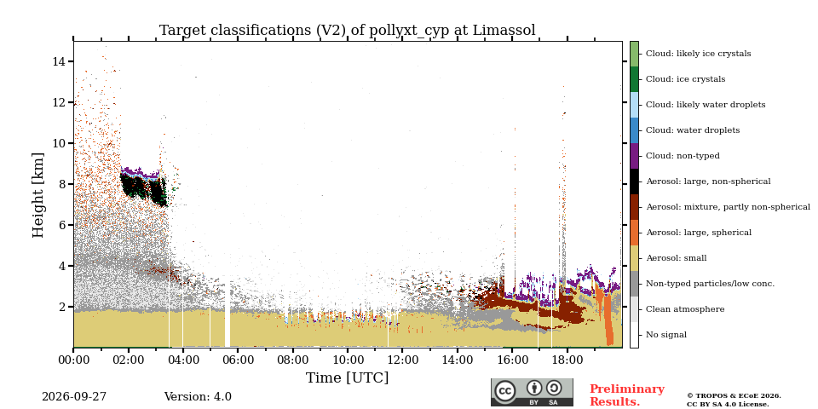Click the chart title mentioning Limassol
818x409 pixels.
(348, 31)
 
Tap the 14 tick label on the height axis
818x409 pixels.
(59, 61)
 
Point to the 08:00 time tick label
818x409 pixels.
(292, 360)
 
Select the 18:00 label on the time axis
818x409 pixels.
(567, 360)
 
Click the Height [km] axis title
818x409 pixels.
(38, 195)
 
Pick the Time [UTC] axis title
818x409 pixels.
(348, 377)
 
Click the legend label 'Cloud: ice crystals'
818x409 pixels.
(685, 79)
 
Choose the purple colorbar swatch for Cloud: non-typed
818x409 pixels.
(634, 156)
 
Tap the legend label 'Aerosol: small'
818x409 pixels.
(676, 258)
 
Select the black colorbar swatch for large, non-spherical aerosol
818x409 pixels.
(634, 181)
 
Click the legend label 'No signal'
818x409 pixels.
(666, 335)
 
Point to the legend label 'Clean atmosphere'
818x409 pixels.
(685, 309)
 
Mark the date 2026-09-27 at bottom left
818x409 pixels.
(74, 397)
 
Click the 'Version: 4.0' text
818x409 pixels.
(198, 397)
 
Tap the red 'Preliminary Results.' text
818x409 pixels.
(627, 395)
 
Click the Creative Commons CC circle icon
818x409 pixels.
(505, 392)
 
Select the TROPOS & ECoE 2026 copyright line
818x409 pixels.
(734, 396)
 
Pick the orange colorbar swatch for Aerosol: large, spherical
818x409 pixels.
(634, 233)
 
